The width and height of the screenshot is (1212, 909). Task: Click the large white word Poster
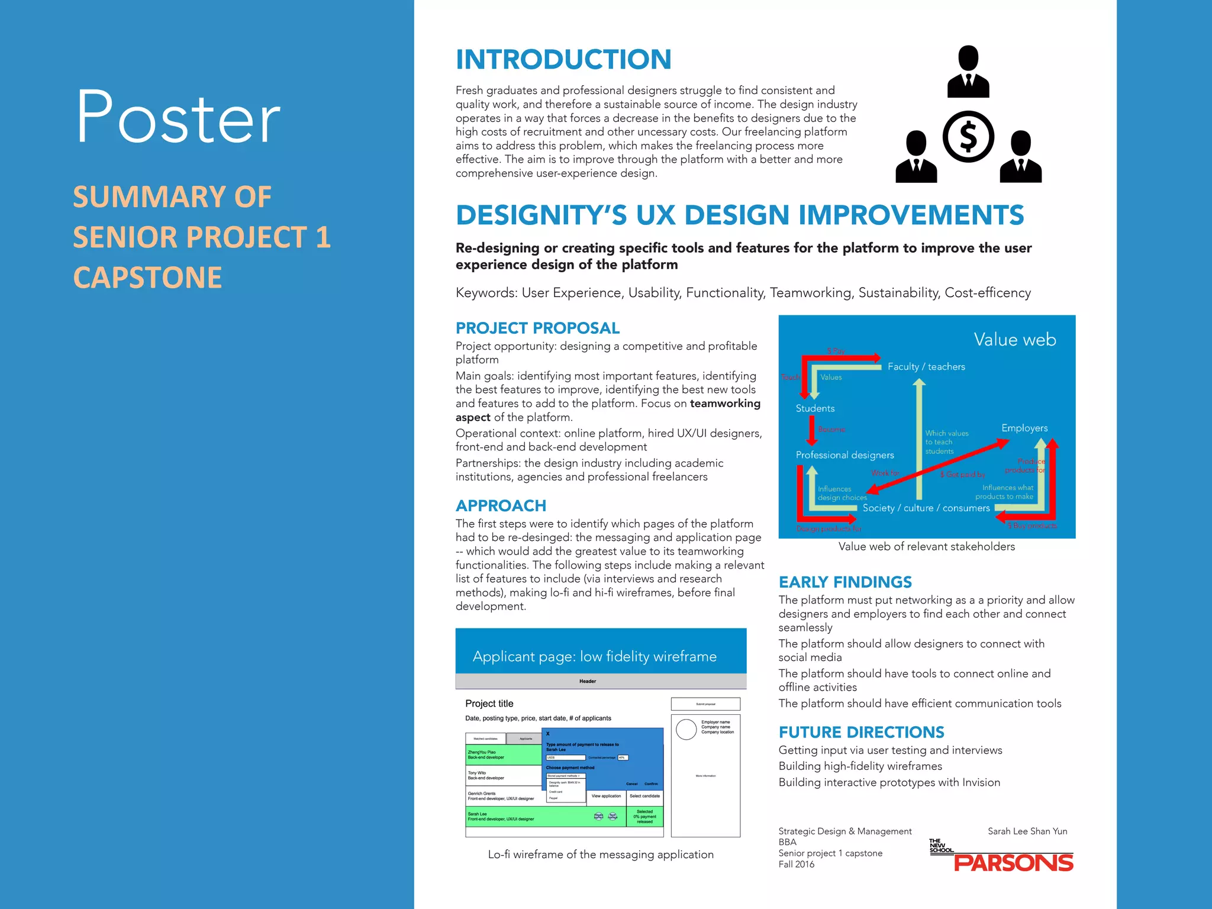178,117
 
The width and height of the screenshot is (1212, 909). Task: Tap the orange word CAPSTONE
147,278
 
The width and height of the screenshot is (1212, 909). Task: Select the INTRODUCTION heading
563,60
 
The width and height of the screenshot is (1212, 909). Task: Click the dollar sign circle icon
968,137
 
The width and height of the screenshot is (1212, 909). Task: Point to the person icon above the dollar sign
968,72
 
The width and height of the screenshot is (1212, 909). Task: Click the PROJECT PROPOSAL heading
537,328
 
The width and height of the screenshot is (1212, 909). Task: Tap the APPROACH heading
501,506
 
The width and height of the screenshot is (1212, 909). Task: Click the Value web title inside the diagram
1014,340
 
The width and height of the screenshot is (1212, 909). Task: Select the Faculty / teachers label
926,367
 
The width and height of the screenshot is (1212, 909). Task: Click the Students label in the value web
815,408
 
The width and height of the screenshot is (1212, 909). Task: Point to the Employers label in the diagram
1024,428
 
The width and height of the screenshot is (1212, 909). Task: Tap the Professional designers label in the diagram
844,455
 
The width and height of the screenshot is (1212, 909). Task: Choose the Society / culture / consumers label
926,508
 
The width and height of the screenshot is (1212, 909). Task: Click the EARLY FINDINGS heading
845,582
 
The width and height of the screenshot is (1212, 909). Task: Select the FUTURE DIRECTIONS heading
861,733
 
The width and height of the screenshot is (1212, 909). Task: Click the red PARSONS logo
1013,863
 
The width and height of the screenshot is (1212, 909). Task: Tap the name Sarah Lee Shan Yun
1027,831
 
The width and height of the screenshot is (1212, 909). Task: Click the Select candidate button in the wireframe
644,796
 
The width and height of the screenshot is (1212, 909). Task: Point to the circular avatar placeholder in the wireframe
686,730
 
